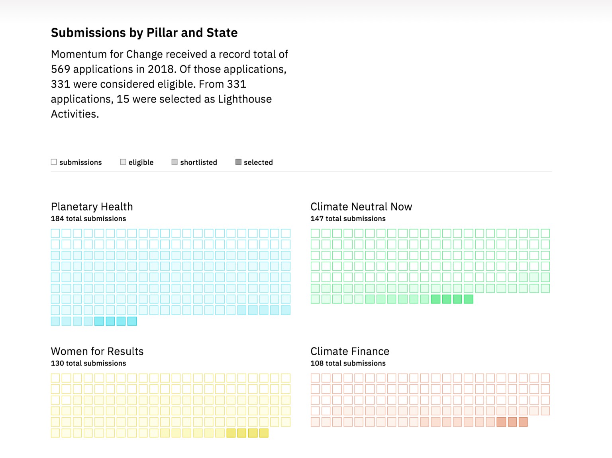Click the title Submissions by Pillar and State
[x=144, y=33]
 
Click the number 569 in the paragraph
[x=61, y=69]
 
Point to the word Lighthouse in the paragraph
[x=245, y=99]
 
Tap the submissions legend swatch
[x=54, y=162]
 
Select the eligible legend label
[x=141, y=162]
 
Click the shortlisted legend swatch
[x=175, y=162]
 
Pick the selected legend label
[x=258, y=162]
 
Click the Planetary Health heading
[x=92, y=206]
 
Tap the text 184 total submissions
[x=88, y=218]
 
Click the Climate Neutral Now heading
[x=361, y=206]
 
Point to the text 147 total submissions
[x=348, y=218]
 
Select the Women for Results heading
[x=97, y=351]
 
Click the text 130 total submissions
[x=88, y=363]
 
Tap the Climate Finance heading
[x=350, y=351]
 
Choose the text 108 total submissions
[x=348, y=363]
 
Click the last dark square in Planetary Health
[x=132, y=321]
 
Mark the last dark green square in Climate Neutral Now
[x=469, y=299]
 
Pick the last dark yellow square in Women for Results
[x=264, y=433]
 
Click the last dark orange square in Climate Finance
[x=523, y=422]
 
